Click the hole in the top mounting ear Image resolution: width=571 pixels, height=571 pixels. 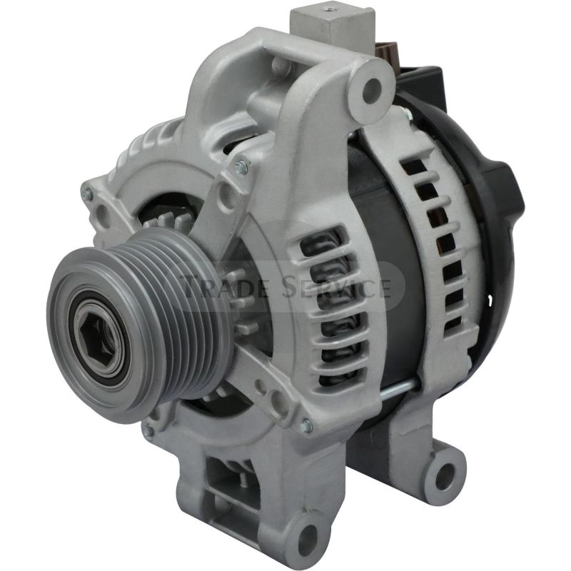coord(371,89)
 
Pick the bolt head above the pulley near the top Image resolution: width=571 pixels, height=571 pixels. coord(241,167)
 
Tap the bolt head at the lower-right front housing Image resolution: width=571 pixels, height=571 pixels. coord(305,425)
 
